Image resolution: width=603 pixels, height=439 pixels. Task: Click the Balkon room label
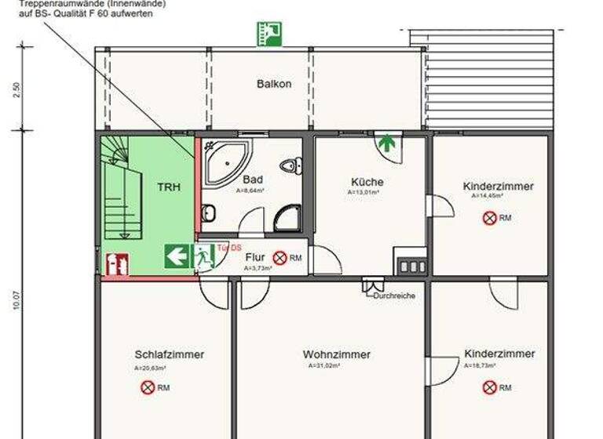274,84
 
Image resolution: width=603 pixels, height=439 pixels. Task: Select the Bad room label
252,180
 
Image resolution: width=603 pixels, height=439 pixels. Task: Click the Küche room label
367,182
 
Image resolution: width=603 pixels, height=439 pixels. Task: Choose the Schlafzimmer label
169,354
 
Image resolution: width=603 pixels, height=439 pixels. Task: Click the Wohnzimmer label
337,355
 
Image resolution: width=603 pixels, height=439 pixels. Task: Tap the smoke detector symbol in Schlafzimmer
148,387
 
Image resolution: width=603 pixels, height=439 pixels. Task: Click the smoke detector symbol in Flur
280,258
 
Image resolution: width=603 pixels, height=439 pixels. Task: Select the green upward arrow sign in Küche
386,143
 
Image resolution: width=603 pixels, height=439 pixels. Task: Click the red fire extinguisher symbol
116,264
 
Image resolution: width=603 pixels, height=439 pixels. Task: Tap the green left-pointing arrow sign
177,256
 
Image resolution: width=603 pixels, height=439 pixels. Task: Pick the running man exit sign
203,256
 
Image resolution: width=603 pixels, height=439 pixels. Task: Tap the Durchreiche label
395,296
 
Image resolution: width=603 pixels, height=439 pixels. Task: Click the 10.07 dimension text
16,301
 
